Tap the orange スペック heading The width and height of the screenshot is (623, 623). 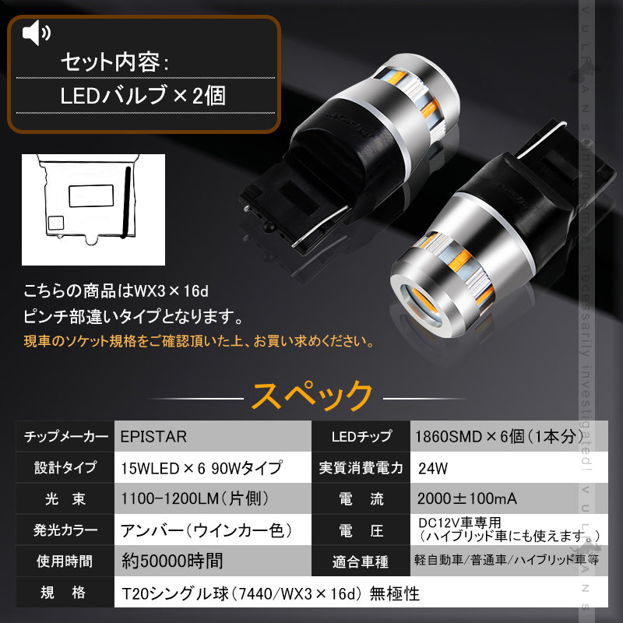coord(311,395)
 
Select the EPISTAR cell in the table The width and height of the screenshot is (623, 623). coord(154,436)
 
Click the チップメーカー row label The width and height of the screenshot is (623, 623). coord(66,436)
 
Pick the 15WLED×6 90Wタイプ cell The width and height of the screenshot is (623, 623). coord(201,468)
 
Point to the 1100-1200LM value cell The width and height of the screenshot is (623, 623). coord(191,498)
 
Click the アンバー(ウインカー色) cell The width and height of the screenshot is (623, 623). coord(206,530)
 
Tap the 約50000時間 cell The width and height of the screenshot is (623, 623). coord(173,561)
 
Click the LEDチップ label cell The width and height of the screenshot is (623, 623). coord(361,436)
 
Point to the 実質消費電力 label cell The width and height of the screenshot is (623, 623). coord(361,468)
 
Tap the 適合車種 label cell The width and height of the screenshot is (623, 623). coord(361,561)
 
